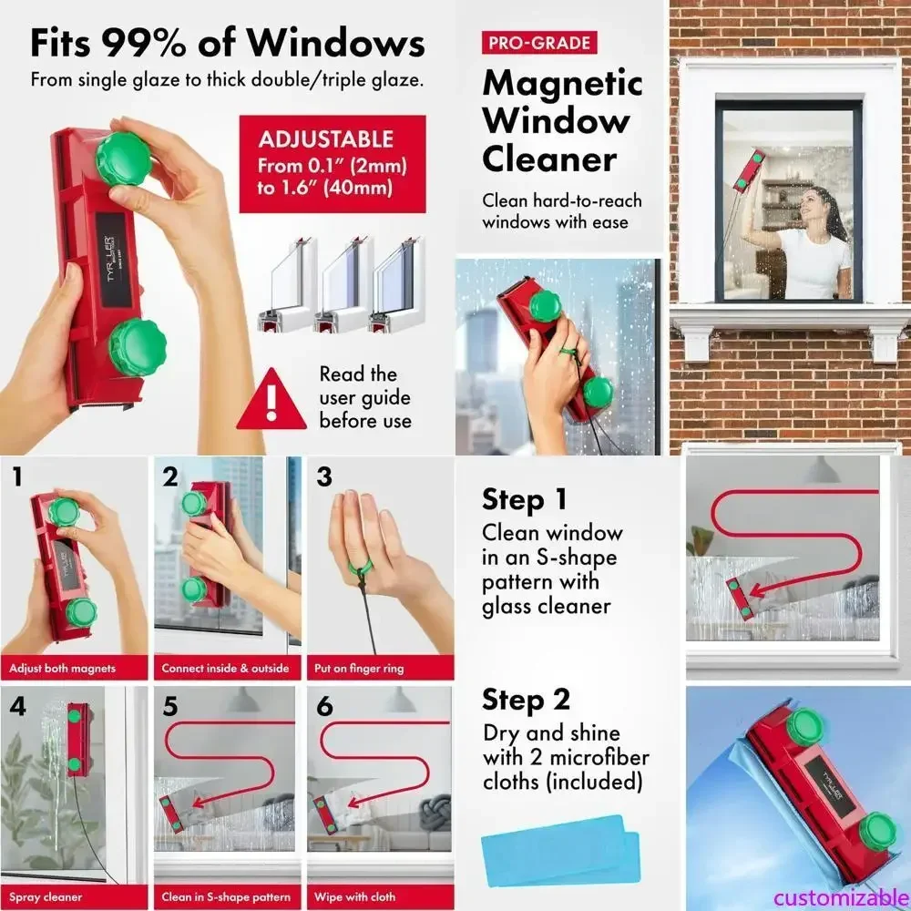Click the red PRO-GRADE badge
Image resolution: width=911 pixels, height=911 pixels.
pyautogui.click(x=537, y=42)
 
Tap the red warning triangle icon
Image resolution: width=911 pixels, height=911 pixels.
pyautogui.click(x=271, y=401)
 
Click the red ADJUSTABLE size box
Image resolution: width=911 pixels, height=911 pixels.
pyautogui.click(x=332, y=164)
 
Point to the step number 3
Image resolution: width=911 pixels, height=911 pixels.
pyautogui.click(x=324, y=477)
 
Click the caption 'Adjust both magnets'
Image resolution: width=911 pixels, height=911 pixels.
pyautogui.click(x=63, y=668)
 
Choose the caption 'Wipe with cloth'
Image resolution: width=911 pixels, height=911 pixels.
pyautogui.click(x=355, y=896)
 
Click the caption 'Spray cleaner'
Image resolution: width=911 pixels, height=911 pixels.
pyautogui.click(x=46, y=896)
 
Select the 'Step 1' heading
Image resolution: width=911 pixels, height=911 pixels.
pyautogui.click(x=525, y=499)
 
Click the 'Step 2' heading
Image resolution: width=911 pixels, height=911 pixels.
pyautogui.click(x=526, y=700)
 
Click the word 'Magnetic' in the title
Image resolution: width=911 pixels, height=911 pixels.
pyautogui.click(x=562, y=83)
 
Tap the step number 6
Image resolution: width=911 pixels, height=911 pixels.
pyautogui.click(x=324, y=705)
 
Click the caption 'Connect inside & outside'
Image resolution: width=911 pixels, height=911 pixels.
pyautogui.click(x=225, y=668)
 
